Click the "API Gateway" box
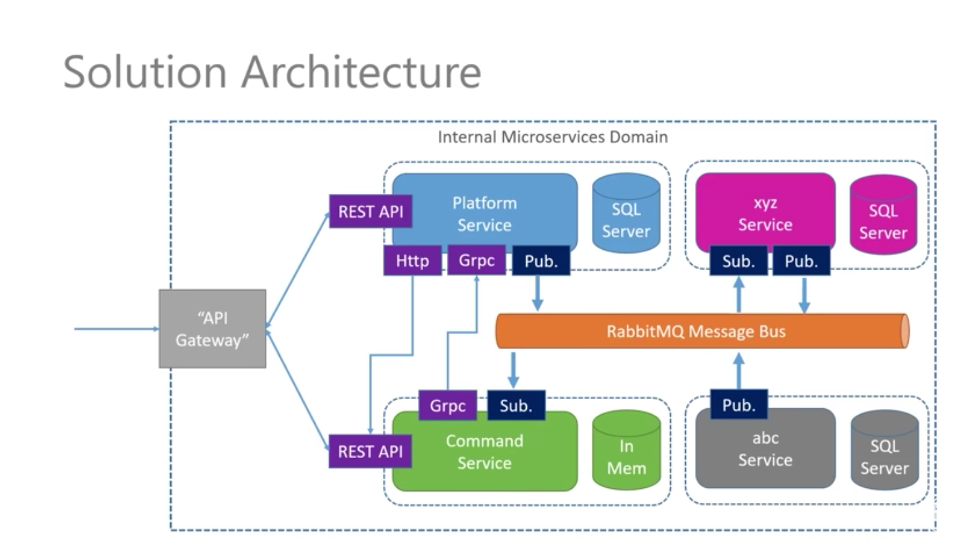pos(212,329)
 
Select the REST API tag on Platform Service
pos(371,212)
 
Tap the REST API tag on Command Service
pos(370,452)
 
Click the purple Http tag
pos(412,261)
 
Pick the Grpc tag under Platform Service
pos(476,260)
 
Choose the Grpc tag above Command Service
pos(447,406)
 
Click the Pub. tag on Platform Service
pos(541,261)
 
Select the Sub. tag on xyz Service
pos(738,261)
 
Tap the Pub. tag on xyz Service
pos(801,261)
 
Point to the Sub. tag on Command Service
pos(516,406)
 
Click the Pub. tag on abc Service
pos(738,405)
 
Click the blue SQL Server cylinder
pos(626,214)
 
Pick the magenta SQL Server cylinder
pos(883,216)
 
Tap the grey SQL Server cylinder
pos(884,451)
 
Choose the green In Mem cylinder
pos(626,451)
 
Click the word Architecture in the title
pos(361,72)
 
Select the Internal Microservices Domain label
pos(552,137)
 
